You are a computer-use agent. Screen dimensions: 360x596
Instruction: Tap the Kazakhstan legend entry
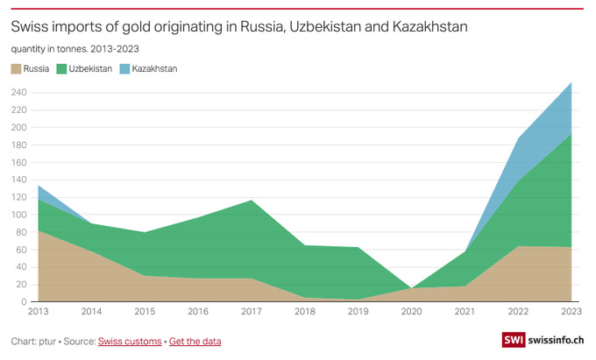(154, 68)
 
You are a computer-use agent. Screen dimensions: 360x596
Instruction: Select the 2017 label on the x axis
(252, 312)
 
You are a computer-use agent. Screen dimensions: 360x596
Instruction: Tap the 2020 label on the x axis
(412, 312)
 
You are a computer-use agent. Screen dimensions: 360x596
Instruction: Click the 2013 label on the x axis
(39, 312)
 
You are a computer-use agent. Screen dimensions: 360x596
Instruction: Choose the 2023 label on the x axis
(571, 312)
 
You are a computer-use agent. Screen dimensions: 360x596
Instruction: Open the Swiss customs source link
(130, 340)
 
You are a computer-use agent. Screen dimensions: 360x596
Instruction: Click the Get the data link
(195, 340)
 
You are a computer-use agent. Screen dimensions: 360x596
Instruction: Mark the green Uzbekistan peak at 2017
(252, 201)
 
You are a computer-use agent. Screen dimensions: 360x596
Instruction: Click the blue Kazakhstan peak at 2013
(39, 186)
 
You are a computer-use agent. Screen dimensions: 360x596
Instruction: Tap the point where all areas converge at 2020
(412, 288)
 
